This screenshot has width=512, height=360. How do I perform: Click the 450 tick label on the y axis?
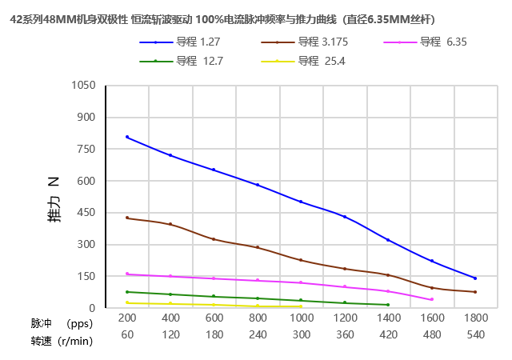87,213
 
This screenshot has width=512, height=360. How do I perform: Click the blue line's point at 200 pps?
127,137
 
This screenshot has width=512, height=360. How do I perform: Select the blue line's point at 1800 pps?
475,278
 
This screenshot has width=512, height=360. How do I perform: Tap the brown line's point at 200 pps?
127,218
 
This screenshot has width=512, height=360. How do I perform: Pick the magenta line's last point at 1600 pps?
432,299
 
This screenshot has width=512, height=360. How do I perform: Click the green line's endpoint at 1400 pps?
388,305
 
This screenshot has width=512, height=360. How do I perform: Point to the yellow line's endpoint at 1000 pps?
301,306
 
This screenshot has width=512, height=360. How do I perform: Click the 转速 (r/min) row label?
62,342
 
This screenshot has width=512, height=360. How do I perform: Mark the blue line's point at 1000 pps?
301,202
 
